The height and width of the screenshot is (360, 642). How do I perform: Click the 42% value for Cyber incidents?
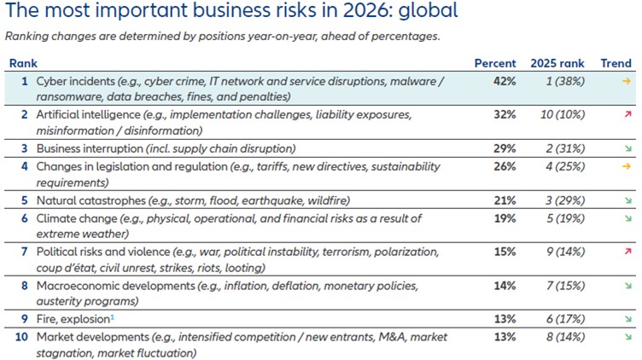coord(506,81)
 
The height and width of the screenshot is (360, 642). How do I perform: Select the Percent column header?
coord(495,63)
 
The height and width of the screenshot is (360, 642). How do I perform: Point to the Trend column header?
coord(616,63)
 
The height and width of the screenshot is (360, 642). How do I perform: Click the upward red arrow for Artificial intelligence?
coord(627,114)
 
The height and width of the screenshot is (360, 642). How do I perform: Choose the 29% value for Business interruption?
coord(506,148)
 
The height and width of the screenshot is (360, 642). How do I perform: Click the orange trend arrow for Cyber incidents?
coord(627,81)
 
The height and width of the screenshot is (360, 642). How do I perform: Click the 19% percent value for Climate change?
coord(506,219)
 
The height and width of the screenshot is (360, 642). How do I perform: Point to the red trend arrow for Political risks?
coord(627,253)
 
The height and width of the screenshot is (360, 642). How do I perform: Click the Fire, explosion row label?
coord(73,320)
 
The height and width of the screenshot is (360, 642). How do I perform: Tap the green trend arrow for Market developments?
coord(627,338)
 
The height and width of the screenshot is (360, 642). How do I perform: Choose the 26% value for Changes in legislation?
coord(506,166)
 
